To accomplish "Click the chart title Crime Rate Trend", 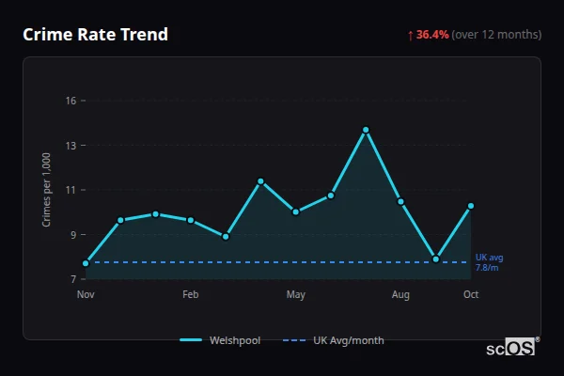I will tap(96, 35).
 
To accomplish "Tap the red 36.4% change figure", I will tap(432, 35).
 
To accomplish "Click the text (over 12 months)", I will tap(496, 35).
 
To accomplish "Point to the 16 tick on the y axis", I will tap(70, 101).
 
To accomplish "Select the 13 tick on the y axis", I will tap(70, 146).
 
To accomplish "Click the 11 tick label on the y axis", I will tap(70, 190).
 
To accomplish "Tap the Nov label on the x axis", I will tap(86, 295).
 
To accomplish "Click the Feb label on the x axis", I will tap(191, 295).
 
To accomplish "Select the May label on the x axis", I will tap(296, 295).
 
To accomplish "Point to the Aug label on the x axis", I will tap(401, 295).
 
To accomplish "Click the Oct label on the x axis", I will tap(471, 295).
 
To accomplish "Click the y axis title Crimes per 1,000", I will tap(47, 190).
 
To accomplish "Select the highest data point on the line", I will tap(366, 130).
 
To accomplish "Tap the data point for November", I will tap(86, 263).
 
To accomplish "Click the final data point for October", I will tap(471, 206).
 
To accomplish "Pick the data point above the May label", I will tap(296, 211).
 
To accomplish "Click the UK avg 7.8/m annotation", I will tap(490, 262).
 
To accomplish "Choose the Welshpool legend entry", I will tap(222, 340).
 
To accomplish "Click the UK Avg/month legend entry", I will tap(334, 340).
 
